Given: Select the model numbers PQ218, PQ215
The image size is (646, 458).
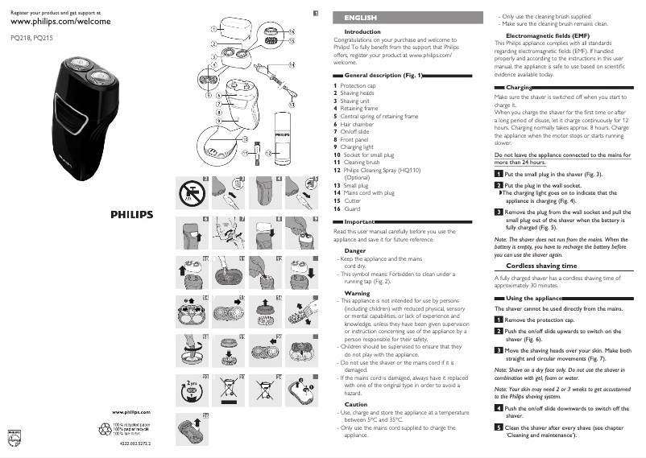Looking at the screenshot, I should click(32, 38).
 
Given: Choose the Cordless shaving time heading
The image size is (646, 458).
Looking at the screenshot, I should click(540, 265).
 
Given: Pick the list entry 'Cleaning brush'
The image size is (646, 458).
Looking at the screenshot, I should click(362, 162).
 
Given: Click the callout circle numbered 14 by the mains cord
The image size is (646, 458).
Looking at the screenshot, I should click(292, 64).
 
